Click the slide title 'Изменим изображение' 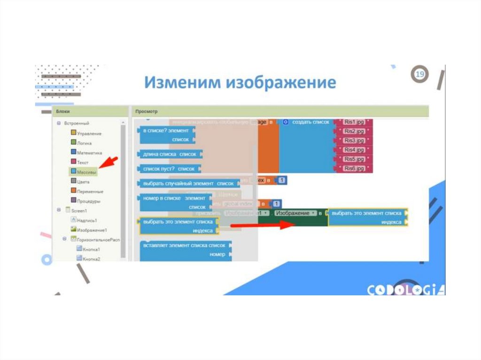coord(240,83)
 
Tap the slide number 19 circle coord(420,75)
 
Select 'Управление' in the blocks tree coord(88,133)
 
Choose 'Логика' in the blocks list coord(84,143)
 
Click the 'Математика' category coord(89,153)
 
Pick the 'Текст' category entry coord(82,162)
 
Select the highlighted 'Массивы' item coord(86,172)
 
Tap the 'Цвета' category coord(83,182)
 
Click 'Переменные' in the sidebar coord(90,191)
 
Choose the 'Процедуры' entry coord(88,201)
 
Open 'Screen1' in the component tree coord(79,211)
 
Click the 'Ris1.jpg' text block coord(354,122)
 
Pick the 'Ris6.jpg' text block coord(354,168)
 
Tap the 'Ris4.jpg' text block coord(354,150)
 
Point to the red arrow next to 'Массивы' coord(109,164)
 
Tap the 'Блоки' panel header coord(63,111)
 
